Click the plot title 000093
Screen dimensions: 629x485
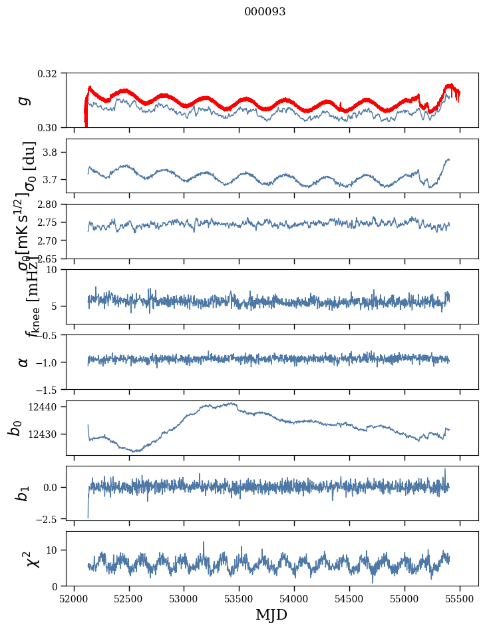(x=265, y=12)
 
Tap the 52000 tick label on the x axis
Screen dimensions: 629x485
(x=74, y=599)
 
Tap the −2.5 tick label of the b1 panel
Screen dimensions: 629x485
(x=53, y=518)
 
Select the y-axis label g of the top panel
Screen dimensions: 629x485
(x=24, y=100)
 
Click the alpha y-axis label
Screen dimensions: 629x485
(x=24, y=362)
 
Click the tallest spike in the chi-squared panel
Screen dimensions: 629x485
(x=204, y=542)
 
